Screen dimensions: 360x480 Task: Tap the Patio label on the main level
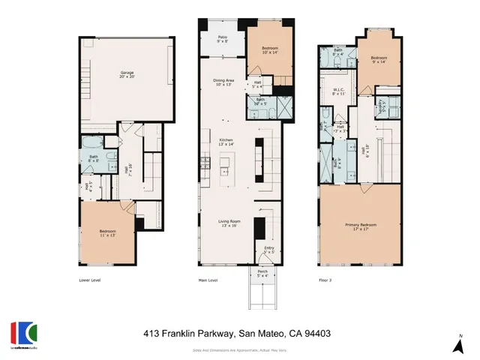coord(223,39)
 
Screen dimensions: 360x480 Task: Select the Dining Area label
coord(224,82)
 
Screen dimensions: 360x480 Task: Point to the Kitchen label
coord(225,141)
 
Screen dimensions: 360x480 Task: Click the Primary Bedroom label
coord(360,226)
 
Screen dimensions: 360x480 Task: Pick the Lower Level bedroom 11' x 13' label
coord(107,233)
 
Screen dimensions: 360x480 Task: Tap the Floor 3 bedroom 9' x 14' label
coord(378,59)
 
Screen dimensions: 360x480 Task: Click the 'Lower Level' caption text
coord(90,280)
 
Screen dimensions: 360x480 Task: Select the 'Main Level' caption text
coord(207,280)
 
